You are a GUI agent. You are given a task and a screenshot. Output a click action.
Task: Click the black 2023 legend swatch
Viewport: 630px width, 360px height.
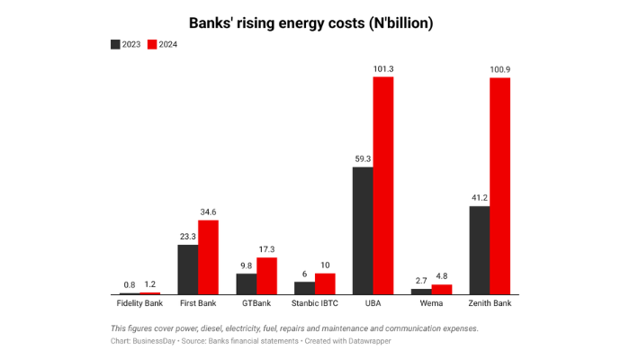pos(115,44)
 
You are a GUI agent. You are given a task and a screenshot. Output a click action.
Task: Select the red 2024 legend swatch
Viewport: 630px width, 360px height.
pos(153,44)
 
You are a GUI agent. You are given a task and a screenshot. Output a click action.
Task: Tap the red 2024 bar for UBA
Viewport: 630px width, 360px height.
pos(383,185)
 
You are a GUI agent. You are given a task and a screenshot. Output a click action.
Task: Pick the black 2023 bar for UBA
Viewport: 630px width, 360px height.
pos(363,230)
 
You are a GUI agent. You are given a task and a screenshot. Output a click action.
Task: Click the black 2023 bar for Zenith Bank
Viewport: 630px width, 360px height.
pos(479,250)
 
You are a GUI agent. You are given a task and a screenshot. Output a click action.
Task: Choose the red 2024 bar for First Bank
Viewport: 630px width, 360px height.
pos(208,257)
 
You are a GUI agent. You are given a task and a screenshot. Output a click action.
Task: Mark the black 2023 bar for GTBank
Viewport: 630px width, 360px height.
pos(247,284)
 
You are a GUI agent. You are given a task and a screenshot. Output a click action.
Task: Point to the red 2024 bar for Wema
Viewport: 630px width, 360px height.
pos(442,290)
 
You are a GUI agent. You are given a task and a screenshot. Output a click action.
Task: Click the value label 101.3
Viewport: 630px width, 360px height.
pos(383,68)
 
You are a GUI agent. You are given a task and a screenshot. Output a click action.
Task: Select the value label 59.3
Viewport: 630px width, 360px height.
pos(363,158)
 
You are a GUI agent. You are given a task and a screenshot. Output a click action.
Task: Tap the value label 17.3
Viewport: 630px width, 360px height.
pos(266,249)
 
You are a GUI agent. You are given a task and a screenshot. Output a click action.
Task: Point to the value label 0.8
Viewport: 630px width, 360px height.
pos(130,284)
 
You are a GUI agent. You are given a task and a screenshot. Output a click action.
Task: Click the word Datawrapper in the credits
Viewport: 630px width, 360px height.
pos(365,341)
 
